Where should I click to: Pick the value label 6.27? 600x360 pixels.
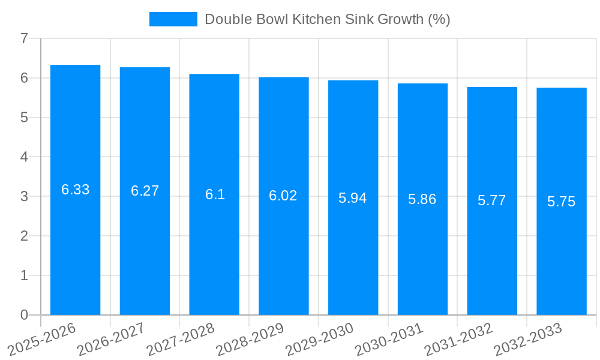145,191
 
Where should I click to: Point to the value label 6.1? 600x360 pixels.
215,194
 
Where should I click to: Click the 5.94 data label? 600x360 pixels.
352,198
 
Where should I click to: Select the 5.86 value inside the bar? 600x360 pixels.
422,200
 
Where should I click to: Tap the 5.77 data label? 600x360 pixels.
491,200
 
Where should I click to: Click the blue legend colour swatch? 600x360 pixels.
173,19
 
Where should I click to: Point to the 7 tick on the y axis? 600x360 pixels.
24,39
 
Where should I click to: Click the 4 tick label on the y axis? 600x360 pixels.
24,157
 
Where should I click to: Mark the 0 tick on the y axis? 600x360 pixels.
24,315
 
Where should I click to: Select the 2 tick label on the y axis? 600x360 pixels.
24,236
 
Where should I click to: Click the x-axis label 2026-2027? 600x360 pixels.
110,339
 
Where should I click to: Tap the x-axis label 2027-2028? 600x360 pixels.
179,339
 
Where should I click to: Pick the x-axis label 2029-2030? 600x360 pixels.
319,339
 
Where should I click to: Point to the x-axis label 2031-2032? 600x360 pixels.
458,339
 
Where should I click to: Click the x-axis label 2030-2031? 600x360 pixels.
388,339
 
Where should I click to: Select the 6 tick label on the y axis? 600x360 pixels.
24,78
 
